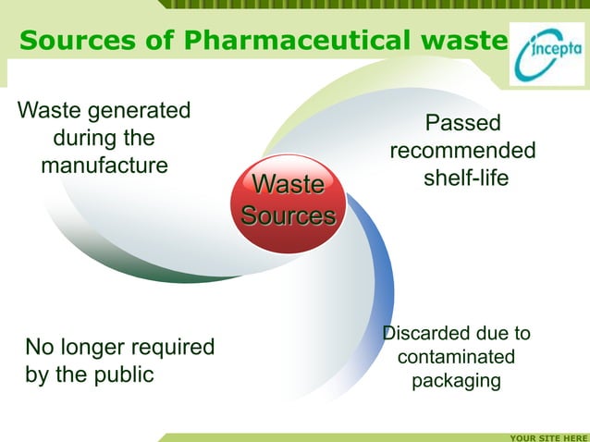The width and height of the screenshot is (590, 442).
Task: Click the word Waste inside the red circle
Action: coord(288,185)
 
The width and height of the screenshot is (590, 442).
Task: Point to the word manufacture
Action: coord(104,166)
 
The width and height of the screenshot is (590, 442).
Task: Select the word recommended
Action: coord(462,150)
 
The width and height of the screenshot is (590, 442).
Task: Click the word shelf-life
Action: coord(465,178)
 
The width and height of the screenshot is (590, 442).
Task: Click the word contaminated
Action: coord(456,357)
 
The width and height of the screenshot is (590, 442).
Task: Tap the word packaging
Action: coord(456,381)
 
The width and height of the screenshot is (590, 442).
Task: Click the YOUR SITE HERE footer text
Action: coord(548,436)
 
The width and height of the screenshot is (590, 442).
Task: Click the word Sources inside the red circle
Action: coord(288,216)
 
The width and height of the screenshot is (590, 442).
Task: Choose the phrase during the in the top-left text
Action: coord(103,139)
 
